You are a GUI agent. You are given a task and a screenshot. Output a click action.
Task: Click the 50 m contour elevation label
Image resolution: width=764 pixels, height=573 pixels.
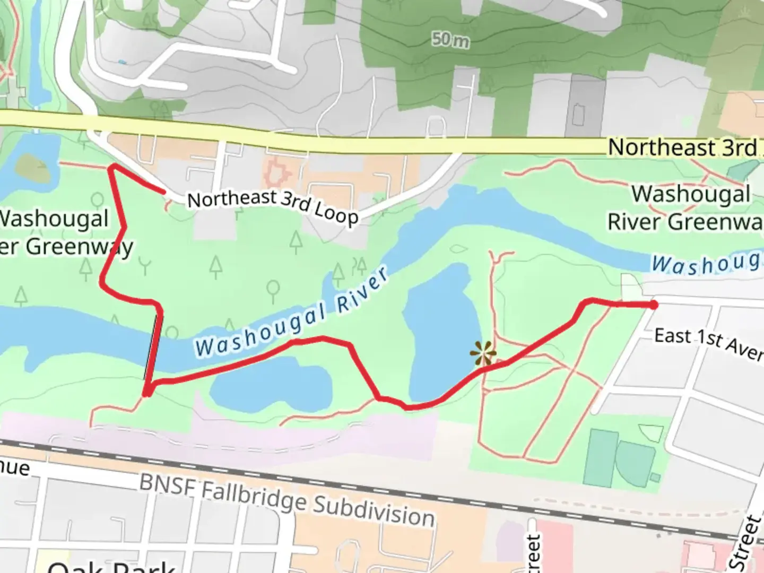[x=450, y=39]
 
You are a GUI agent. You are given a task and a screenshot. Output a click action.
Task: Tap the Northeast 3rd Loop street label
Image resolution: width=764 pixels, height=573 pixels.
[x=273, y=206]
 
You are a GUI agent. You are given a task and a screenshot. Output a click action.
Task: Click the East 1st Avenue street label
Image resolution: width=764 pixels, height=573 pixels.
[x=708, y=343]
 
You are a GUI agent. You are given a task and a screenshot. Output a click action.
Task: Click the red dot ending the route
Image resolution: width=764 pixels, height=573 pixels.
[x=654, y=305]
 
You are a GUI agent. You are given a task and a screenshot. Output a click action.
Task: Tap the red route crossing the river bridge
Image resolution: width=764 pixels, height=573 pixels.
[x=154, y=348]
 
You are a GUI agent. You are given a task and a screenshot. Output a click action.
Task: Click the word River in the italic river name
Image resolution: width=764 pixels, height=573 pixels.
[x=362, y=291]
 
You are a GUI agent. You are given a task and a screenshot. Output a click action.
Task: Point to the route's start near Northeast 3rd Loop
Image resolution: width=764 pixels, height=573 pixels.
[x=162, y=191]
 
